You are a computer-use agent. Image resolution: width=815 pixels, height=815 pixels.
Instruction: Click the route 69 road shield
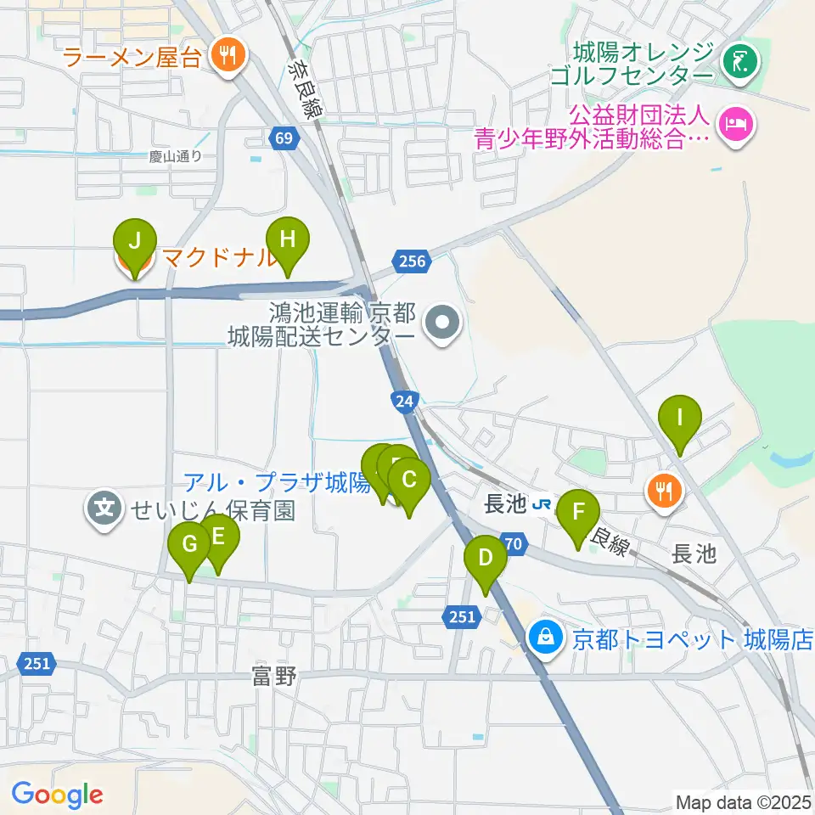click(284, 138)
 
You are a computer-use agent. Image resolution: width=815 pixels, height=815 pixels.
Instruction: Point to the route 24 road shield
click(404, 399)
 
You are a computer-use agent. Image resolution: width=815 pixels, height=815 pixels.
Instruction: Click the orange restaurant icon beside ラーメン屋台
click(226, 57)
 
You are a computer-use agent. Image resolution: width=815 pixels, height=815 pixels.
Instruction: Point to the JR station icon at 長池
click(541, 505)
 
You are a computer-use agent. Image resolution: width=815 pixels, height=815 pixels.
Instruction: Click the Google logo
click(58, 795)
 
